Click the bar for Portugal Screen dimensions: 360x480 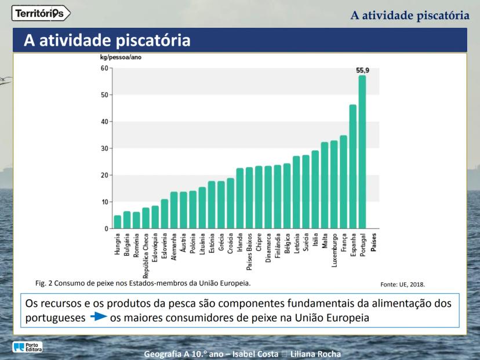(x=362, y=152)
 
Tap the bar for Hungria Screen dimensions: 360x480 (x=118, y=222)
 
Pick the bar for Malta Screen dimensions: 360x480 (x=325, y=185)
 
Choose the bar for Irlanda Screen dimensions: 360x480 (x=240, y=198)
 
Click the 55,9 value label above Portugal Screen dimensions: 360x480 (x=363, y=70)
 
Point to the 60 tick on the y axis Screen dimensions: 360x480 (x=104, y=68)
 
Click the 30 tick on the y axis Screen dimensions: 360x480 (x=104, y=148)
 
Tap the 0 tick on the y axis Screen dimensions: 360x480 (x=106, y=229)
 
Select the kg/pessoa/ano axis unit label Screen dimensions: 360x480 (x=121, y=58)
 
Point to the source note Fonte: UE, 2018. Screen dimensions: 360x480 (x=402, y=285)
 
